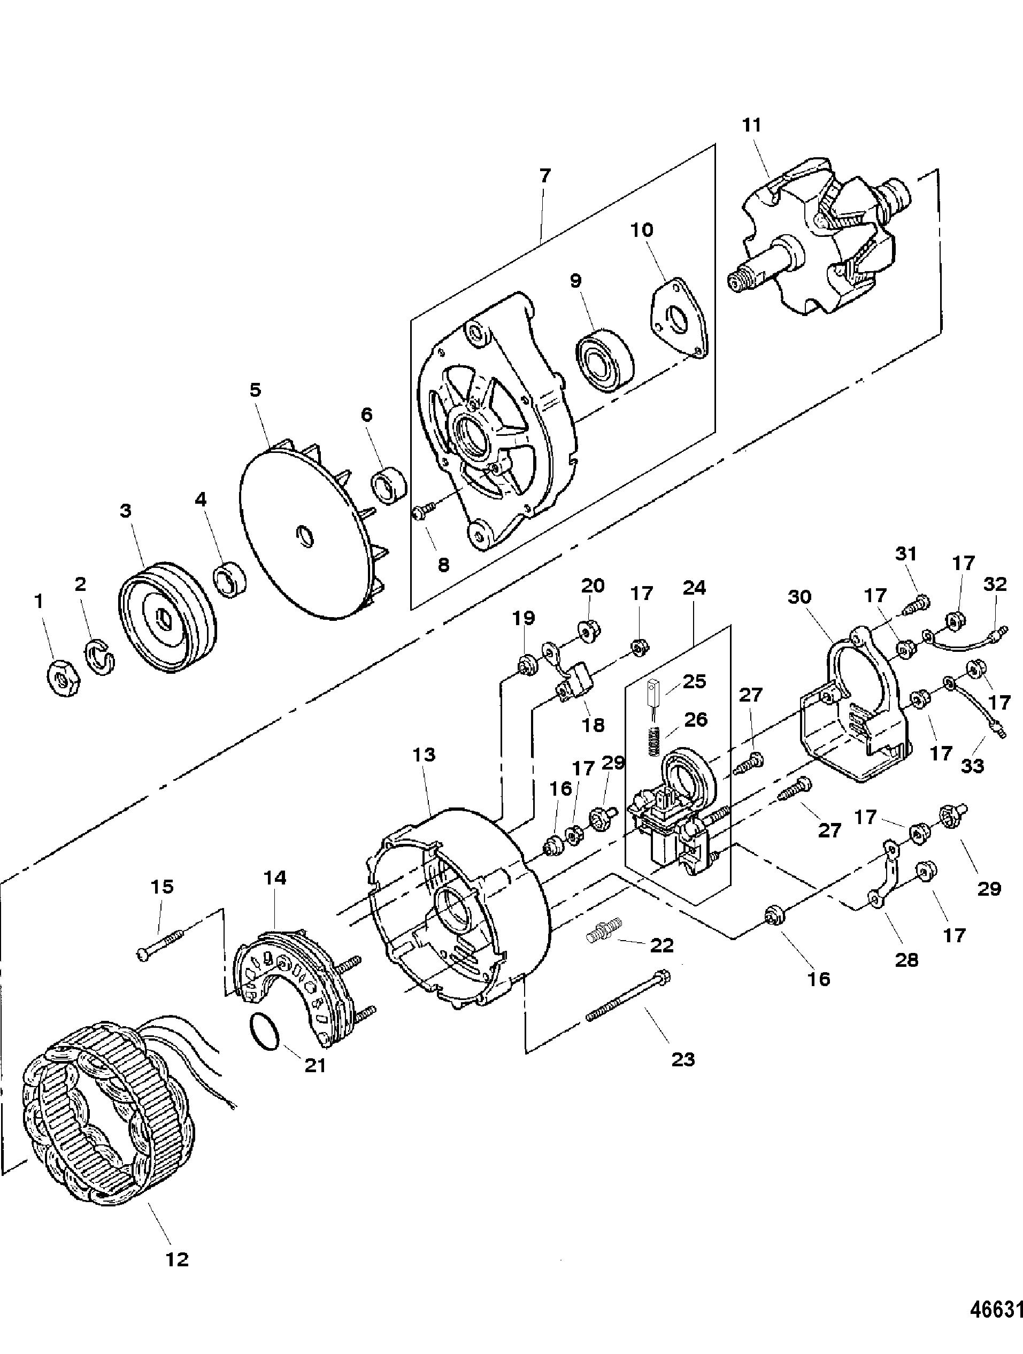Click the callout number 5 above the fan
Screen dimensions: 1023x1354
pyautogui.click(x=255, y=389)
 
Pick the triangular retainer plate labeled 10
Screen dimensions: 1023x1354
pyautogui.click(x=677, y=317)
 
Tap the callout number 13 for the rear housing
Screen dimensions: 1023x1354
pyautogui.click(x=424, y=755)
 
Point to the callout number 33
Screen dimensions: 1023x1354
pyautogui.click(x=972, y=765)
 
